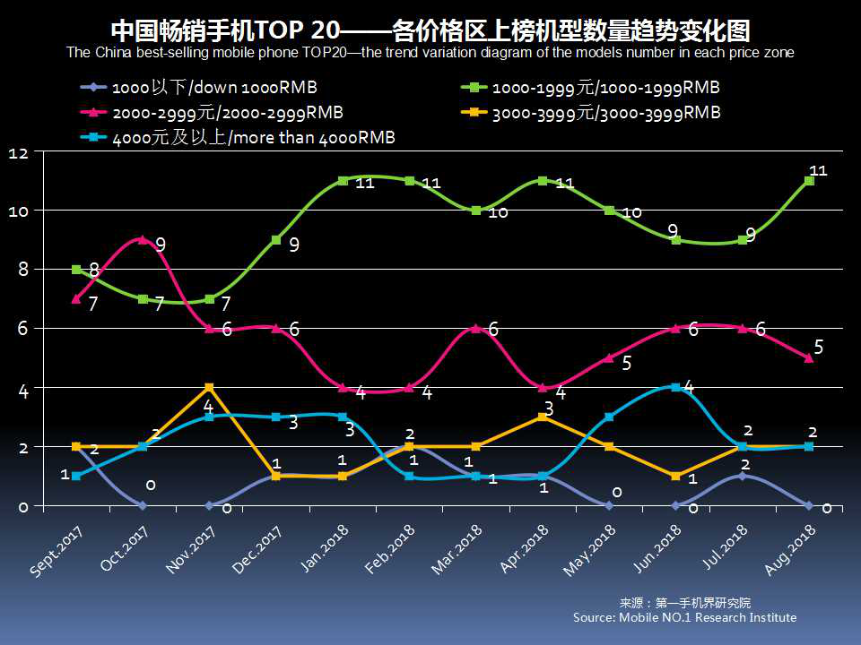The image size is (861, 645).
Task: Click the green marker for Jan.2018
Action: click(x=343, y=181)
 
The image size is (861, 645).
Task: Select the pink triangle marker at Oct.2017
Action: click(x=143, y=239)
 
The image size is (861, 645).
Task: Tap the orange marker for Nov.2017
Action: click(x=209, y=388)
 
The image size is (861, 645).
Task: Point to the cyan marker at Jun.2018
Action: click(x=676, y=387)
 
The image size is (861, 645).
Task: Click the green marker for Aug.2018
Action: click(x=809, y=181)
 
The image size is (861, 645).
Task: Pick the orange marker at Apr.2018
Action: click(x=543, y=417)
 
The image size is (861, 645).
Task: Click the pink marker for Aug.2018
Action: click(x=809, y=357)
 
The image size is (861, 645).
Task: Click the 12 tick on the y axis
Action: click(x=19, y=154)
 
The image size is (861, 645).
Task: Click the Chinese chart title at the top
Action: click(x=430, y=30)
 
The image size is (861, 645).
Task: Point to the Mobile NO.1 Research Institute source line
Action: click(x=684, y=617)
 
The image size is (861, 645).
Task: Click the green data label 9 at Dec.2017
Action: click(x=293, y=245)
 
